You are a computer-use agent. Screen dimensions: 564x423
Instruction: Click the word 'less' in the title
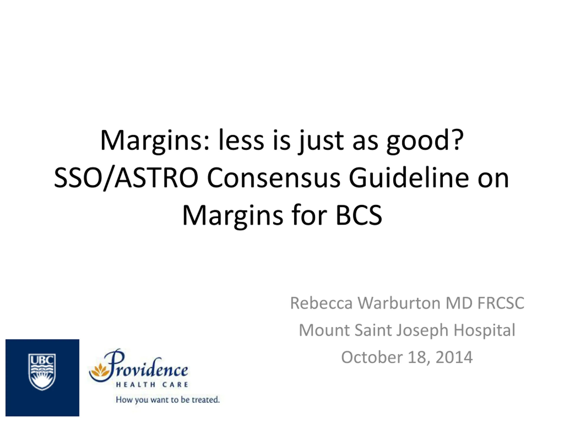[x=241, y=140]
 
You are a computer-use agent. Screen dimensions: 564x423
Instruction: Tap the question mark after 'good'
[x=458, y=139]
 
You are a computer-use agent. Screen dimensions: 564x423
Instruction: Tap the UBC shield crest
[x=42, y=372]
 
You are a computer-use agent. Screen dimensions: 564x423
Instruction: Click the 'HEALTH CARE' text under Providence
[x=152, y=384]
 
